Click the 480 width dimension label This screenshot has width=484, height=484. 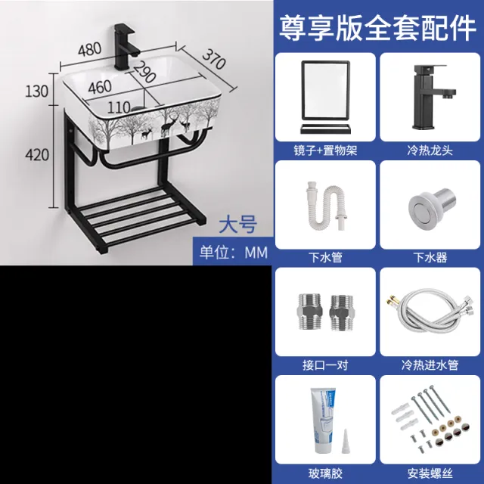(x=89, y=49)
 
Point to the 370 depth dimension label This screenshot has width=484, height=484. (x=214, y=59)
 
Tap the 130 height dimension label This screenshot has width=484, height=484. (x=37, y=92)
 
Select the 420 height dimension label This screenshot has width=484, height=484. (x=37, y=154)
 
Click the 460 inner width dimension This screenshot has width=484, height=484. (x=100, y=87)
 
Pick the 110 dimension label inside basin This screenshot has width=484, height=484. (x=119, y=107)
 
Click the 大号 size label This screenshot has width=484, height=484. (x=237, y=225)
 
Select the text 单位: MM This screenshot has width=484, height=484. (x=234, y=253)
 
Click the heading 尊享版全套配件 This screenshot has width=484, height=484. (x=378, y=28)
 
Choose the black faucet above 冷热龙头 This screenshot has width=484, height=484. (x=431, y=97)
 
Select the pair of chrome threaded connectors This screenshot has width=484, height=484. (x=325, y=312)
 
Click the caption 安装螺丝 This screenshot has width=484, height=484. (x=430, y=473)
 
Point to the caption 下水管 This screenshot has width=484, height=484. (x=325, y=257)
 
